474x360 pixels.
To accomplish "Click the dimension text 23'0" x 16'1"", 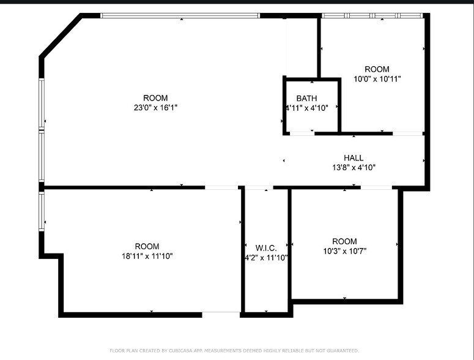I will [x=155, y=108].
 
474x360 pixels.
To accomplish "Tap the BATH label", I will [x=306, y=99].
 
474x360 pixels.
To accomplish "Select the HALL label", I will [x=353, y=158].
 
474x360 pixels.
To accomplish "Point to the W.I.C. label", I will [x=266, y=248].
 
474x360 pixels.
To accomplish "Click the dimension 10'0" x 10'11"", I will [x=377, y=79].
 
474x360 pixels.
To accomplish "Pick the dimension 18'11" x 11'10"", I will [x=147, y=256].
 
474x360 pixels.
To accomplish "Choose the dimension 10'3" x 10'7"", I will [x=344, y=251].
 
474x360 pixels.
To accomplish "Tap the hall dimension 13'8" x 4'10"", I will [x=353, y=167].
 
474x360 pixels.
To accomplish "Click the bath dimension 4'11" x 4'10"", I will [x=307, y=108].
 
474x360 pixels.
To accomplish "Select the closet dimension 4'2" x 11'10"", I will [x=266, y=258].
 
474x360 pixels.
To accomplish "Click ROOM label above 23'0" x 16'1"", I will [x=155, y=98].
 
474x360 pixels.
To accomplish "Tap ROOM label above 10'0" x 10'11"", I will [x=377, y=69].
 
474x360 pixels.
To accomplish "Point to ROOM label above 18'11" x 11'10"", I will [x=147, y=246].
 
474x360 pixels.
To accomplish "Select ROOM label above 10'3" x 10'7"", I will [x=344, y=241].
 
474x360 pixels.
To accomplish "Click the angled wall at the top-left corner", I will [x=61, y=36].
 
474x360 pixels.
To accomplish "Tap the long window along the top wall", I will [x=180, y=15].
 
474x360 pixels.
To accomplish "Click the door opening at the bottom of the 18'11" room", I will [x=221, y=314].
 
